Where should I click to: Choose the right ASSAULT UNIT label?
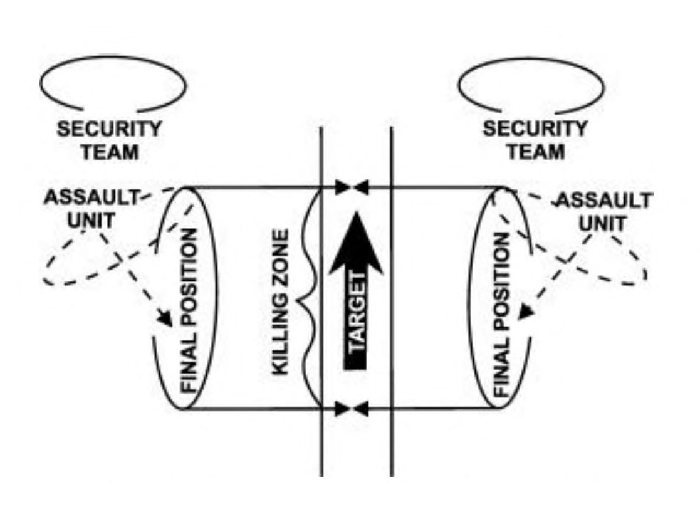point(603,211)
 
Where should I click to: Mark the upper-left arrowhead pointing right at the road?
point(342,187)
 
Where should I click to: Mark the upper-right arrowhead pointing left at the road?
point(362,187)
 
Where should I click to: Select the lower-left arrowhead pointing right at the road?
point(342,409)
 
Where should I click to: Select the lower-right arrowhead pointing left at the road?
point(362,409)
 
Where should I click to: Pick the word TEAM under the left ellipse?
point(110,152)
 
